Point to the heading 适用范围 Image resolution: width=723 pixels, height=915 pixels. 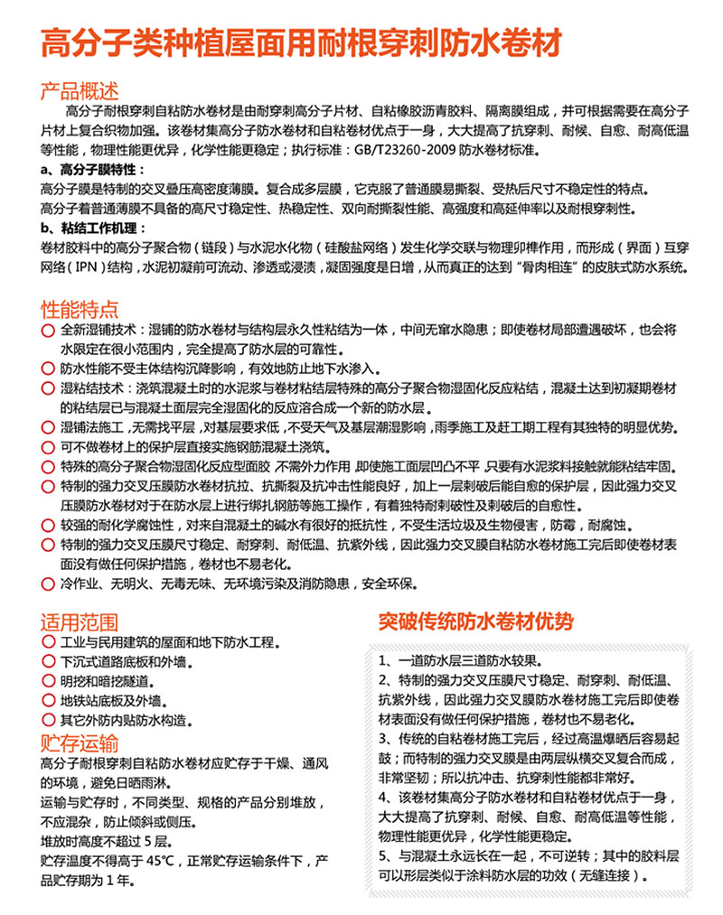80,622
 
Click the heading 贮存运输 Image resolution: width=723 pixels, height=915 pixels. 80,743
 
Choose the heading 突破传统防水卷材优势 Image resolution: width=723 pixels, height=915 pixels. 475,621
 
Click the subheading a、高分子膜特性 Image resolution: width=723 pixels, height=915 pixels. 90,170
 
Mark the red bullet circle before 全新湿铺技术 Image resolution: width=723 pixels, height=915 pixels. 47,331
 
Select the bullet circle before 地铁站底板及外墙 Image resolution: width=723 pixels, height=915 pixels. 47,701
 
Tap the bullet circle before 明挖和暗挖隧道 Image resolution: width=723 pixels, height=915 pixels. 47,682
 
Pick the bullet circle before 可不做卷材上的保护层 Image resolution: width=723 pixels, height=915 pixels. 47,447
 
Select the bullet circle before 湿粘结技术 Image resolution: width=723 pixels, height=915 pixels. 47,388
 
